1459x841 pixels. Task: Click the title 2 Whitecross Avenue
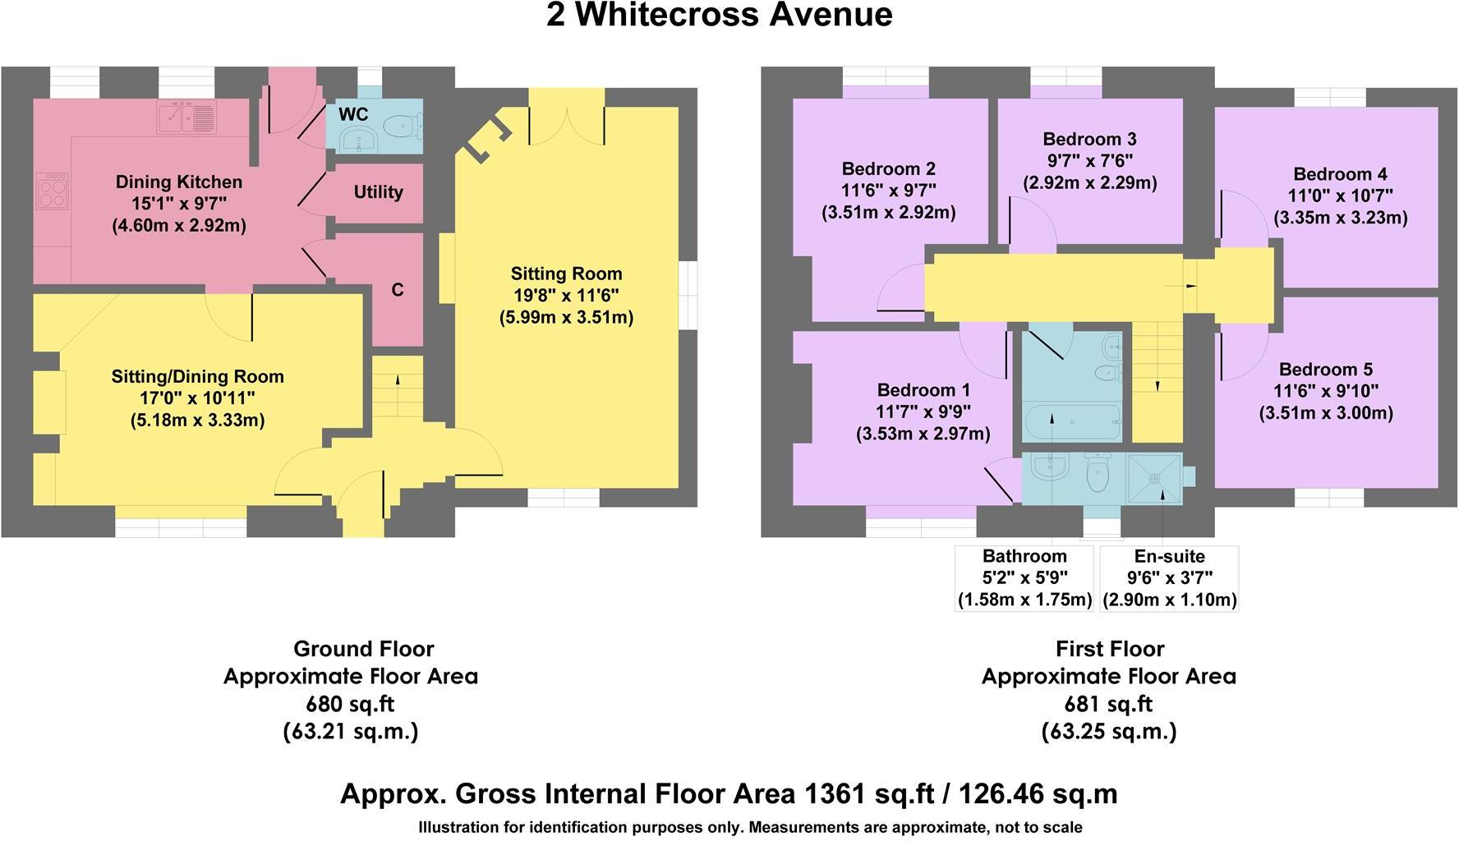coord(719,15)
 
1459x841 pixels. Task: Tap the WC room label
coord(353,113)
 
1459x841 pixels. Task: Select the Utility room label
coord(378,192)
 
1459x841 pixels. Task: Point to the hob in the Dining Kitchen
coord(53,191)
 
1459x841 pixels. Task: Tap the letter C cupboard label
coord(398,290)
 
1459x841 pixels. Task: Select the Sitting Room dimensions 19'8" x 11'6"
coord(566,296)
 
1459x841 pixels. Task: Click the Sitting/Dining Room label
coord(197,377)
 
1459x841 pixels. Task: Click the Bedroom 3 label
coord(1089,140)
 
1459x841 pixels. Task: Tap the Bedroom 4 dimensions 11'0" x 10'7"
coord(1340,196)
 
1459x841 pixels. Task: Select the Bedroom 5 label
coord(1325,370)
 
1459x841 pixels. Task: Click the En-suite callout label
coord(1169,556)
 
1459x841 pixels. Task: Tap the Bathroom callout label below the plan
coord(1024,556)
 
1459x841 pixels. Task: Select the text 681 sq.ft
coord(1108,704)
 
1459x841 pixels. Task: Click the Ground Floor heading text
coord(363,649)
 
